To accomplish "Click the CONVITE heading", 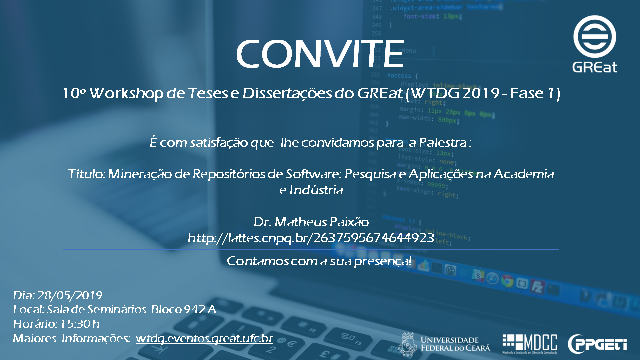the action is coord(320,54).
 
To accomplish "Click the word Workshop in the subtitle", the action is coord(126,93).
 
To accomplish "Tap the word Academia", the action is coord(524,174).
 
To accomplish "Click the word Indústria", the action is coord(316,190).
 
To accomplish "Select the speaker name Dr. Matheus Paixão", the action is coord(311,222).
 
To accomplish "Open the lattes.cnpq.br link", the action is coord(311,238).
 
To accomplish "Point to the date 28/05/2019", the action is coord(70,295).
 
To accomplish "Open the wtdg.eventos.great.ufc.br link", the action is coord(204,339).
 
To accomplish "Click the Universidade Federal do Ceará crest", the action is coord(408,344).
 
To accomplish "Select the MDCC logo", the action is coord(530,343).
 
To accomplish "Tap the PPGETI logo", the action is coord(597,344).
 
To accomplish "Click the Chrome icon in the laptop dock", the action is coord(507,281).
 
